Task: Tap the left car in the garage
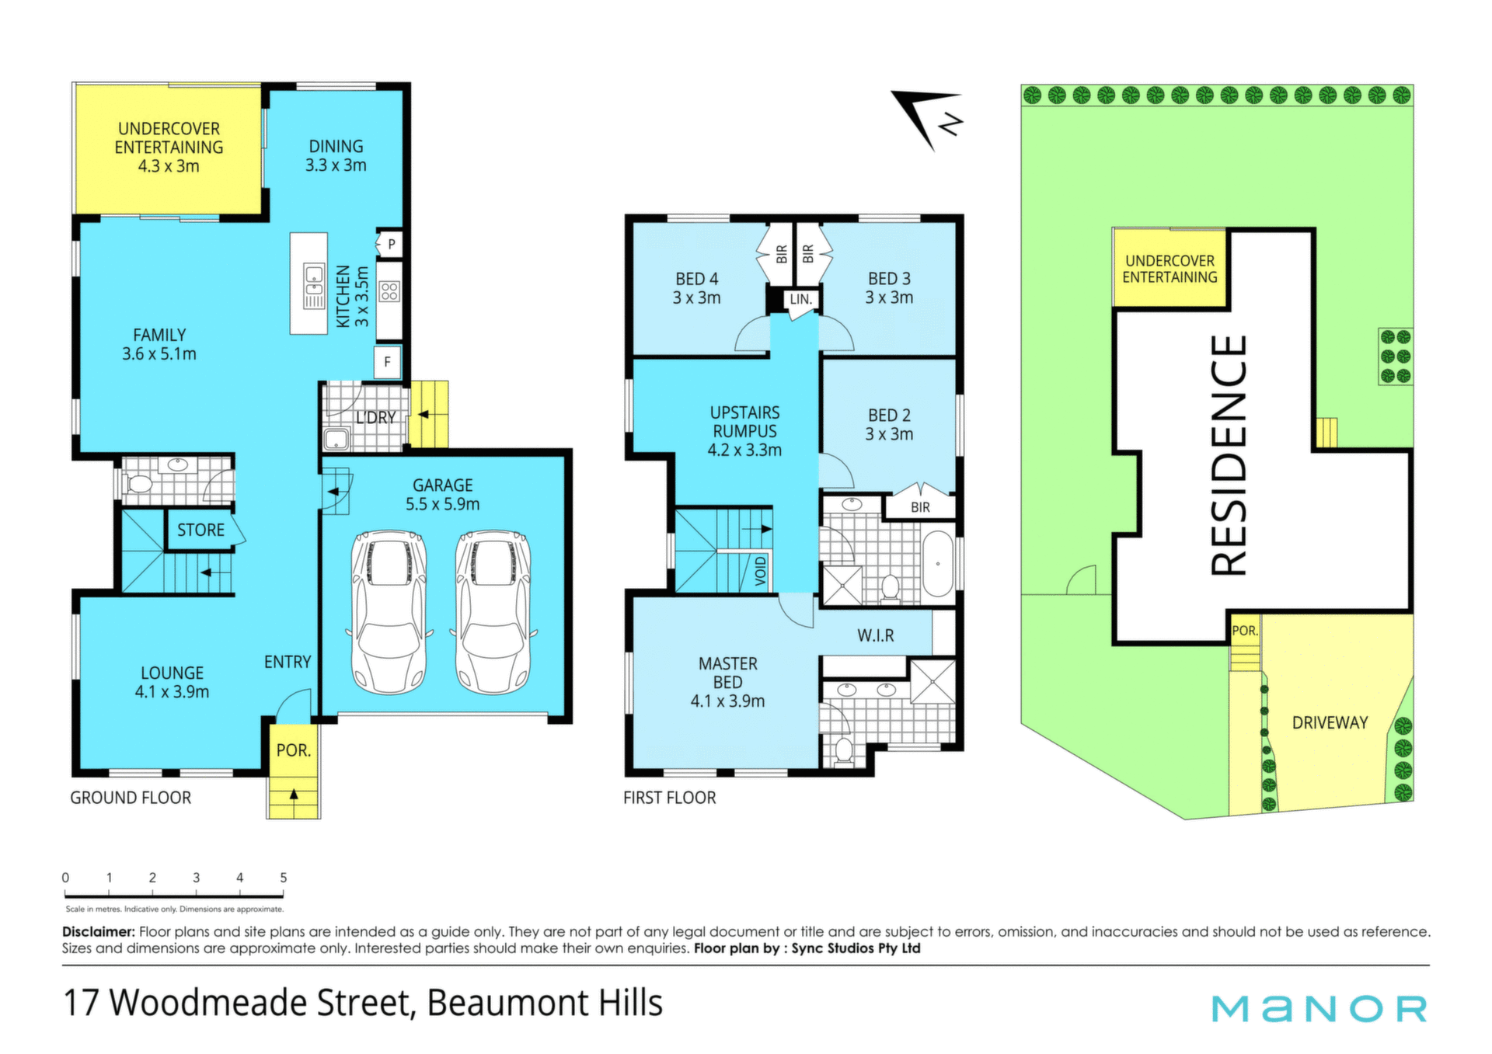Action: coord(389,612)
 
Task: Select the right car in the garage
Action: coord(493,612)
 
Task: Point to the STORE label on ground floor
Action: coord(200,530)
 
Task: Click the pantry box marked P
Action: coord(390,244)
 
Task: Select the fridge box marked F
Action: coord(388,362)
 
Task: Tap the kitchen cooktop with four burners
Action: coord(389,292)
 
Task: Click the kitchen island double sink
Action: coord(314,286)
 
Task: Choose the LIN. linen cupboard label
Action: coord(801,299)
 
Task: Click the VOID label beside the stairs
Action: coord(760,571)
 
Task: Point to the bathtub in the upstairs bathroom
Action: coord(938,564)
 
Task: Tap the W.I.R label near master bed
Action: coord(876,635)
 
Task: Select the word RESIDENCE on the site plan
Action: coord(1229,455)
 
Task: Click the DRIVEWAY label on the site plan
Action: coord(1330,722)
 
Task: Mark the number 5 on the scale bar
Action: coord(284,878)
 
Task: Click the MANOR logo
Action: coord(1319,1009)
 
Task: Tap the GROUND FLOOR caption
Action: coord(131,798)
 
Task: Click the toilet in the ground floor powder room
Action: coord(139,484)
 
